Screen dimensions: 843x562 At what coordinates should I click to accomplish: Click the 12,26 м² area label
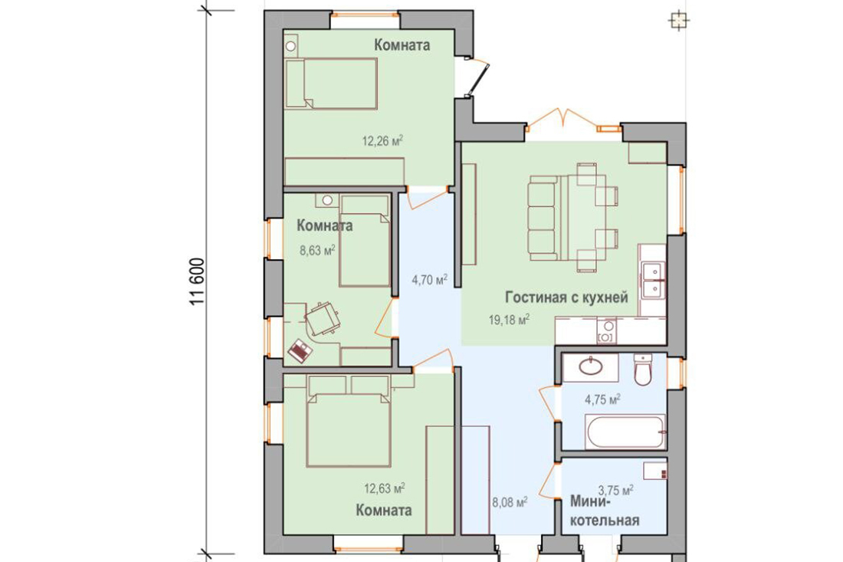(382, 141)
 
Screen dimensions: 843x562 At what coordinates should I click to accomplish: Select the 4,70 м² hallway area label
(430, 280)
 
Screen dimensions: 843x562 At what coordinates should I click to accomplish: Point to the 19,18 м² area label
(509, 320)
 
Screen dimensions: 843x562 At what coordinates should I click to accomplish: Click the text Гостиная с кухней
(566, 297)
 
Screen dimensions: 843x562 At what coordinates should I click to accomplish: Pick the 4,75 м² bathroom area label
(602, 399)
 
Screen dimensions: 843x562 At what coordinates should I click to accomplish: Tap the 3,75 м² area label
(615, 491)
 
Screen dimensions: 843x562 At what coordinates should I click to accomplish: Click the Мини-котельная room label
(605, 511)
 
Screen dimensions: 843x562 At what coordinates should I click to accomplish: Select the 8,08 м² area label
(510, 504)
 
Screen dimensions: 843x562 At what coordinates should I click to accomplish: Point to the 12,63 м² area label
(385, 489)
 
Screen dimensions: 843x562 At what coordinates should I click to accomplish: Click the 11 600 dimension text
(197, 282)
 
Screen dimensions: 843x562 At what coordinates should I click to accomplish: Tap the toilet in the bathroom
(643, 369)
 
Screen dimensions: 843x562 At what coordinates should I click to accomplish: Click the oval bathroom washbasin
(592, 367)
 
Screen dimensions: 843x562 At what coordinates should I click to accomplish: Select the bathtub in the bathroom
(625, 432)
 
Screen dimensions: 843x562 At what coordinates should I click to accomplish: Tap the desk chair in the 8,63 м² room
(321, 318)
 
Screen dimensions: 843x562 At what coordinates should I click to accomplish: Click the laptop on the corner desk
(300, 350)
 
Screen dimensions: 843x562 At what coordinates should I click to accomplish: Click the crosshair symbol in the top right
(679, 21)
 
